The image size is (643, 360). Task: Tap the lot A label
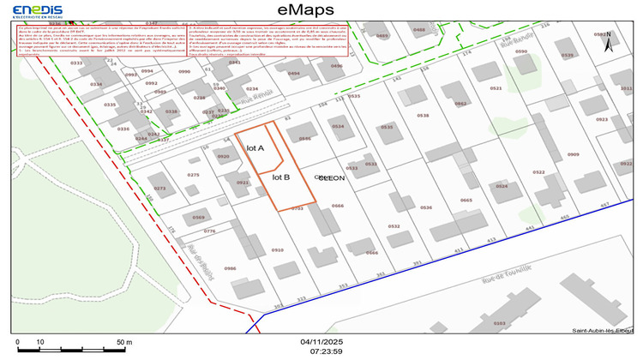[255, 148]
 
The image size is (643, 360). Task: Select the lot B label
[281, 177]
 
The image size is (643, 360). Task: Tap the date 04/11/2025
[321, 342]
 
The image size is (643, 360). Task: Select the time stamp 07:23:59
[321, 351]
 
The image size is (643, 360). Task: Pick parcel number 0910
[277, 249]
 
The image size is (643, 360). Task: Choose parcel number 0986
[230, 268]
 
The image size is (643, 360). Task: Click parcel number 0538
[422, 115]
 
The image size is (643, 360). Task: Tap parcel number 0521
[495, 88]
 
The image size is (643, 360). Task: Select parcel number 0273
[159, 188]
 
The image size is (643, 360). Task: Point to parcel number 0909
[573, 154]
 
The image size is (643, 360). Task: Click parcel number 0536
[425, 207]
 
